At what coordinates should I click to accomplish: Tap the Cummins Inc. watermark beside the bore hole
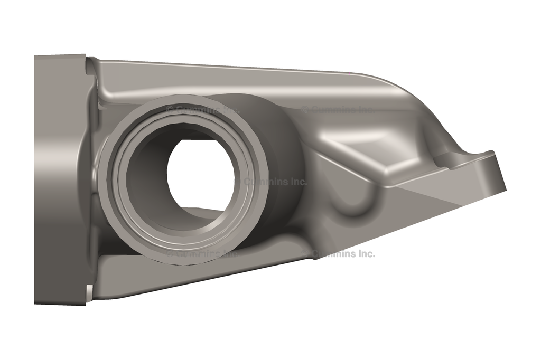point(270,182)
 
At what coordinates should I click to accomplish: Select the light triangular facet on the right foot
point(444,198)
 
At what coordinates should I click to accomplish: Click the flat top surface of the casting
point(238,79)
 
